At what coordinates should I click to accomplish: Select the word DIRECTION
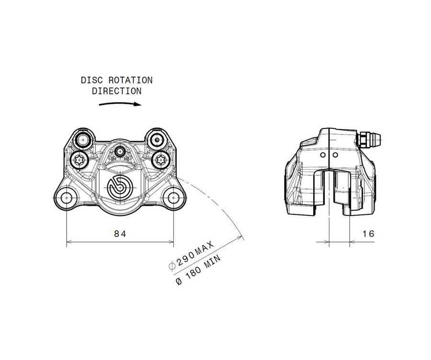tap(116, 90)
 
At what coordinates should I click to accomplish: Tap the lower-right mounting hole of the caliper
tap(172, 197)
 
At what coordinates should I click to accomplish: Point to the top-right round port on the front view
tap(156, 139)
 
